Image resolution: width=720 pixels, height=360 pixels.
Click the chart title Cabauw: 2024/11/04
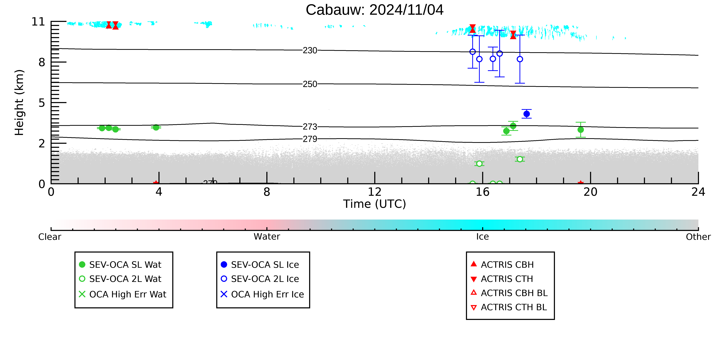tap(375, 10)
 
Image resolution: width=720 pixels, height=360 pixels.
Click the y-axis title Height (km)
tap(19, 103)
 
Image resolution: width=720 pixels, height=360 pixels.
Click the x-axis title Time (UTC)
tap(375, 204)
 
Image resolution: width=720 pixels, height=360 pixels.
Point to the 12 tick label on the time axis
tap(375, 192)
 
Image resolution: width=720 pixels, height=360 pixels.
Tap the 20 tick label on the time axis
tap(590, 192)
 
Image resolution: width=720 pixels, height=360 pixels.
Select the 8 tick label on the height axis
tap(42, 62)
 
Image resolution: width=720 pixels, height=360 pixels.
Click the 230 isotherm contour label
tap(310, 51)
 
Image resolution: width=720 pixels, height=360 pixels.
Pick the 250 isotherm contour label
tap(310, 84)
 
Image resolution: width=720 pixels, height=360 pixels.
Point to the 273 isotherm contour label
tap(310, 127)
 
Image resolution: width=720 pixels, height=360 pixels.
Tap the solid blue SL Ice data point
tap(527, 114)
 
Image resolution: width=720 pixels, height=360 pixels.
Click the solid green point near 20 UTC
tap(581, 130)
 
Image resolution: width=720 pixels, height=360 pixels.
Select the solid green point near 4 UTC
tap(156, 127)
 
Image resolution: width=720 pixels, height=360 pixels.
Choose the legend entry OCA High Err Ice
tap(262, 294)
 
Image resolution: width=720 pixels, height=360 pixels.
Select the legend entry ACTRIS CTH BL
tap(509, 307)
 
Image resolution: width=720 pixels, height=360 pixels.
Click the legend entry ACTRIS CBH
tap(502, 265)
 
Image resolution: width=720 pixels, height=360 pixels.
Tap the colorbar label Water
tap(267, 237)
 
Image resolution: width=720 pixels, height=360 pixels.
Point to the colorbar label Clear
tap(50, 237)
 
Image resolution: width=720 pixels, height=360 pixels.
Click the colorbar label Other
tap(698, 237)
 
